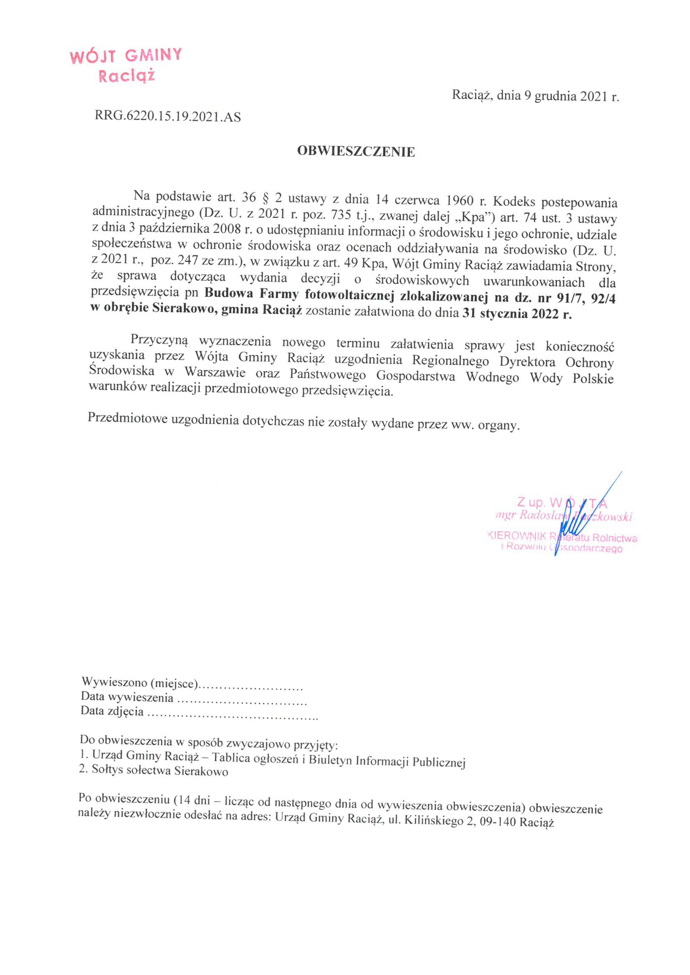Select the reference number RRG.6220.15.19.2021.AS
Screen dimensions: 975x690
click(168, 116)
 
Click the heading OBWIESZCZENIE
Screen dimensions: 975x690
click(356, 152)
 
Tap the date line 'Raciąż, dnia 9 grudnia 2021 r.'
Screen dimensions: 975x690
click(535, 96)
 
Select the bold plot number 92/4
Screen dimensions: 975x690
click(603, 299)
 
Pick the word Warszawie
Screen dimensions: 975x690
click(215, 372)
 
